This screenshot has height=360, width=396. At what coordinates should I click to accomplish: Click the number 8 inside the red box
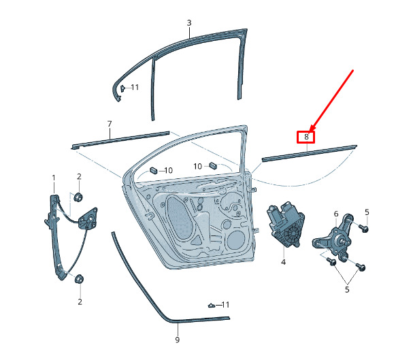pos(306,137)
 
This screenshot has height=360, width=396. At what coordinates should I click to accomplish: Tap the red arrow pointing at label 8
pos(332,100)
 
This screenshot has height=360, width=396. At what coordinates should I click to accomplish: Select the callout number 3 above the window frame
pos(189,23)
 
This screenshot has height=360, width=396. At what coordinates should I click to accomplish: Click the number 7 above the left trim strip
pos(110,124)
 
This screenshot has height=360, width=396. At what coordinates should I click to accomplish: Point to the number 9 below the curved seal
pos(178,340)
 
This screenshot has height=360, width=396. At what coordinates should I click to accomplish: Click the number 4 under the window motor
pos(283,262)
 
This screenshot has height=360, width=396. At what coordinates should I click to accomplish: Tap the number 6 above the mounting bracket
pos(336,214)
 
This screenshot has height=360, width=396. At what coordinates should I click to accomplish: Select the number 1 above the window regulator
pos(54,178)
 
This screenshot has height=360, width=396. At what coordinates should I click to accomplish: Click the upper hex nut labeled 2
pos(78,197)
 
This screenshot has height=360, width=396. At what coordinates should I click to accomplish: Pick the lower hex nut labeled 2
pos(79,279)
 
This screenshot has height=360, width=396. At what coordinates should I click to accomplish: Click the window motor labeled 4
pos(286,224)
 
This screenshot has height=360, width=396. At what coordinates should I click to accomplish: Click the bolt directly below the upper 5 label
pos(364,229)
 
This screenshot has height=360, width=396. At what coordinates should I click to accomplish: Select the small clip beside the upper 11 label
pos(122,88)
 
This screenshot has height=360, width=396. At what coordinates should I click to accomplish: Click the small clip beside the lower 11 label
pos(212,306)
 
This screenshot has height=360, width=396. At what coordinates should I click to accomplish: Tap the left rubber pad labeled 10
pos(154,170)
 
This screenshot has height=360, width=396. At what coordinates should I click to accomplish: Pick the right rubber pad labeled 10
pos(213,165)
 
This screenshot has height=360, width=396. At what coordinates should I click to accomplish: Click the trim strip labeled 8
pos(310,153)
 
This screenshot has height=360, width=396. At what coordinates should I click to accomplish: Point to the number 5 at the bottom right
pos(347,289)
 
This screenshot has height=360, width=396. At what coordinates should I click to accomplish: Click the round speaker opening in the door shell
pos(235,240)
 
